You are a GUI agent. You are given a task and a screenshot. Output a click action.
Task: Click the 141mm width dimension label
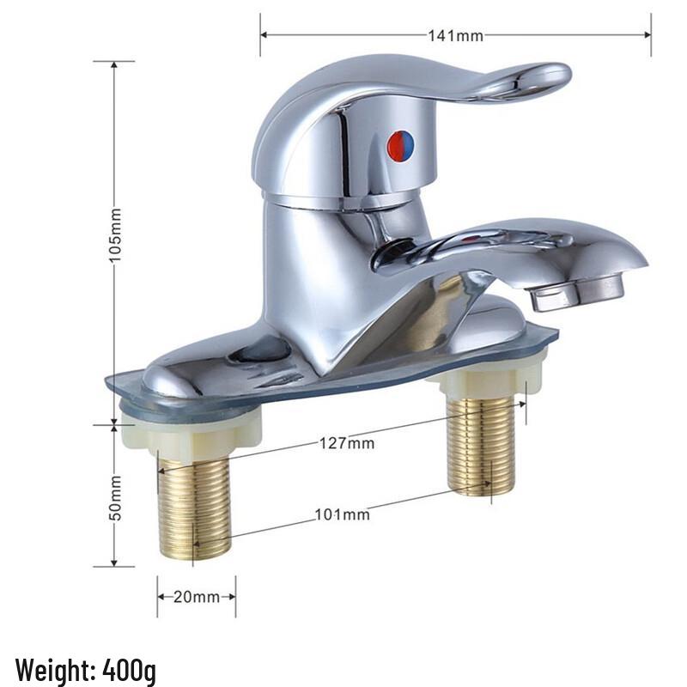click(455, 35)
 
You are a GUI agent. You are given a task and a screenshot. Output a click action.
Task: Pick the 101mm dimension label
click(342, 514)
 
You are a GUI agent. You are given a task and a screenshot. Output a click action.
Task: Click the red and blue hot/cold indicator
click(400, 146)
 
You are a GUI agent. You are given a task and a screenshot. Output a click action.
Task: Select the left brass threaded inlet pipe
click(195, 507)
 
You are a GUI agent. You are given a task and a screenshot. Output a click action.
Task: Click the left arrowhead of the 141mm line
click(264, 35)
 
